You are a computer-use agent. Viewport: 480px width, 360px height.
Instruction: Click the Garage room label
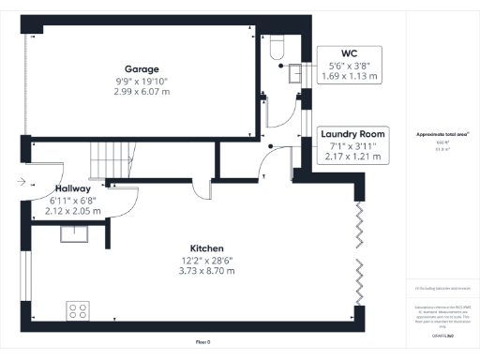tap(142, 68)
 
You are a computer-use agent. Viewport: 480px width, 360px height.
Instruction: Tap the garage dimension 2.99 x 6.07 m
tap(142, 91)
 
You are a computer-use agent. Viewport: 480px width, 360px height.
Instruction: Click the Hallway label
tap(72, 188)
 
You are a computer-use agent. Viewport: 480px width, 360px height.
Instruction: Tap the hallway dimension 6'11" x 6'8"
tap(72, 201)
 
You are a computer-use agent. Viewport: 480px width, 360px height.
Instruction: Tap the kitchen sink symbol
tap(74, 233)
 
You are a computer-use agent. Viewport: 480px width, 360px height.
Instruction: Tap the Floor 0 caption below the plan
tap(202, 342)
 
